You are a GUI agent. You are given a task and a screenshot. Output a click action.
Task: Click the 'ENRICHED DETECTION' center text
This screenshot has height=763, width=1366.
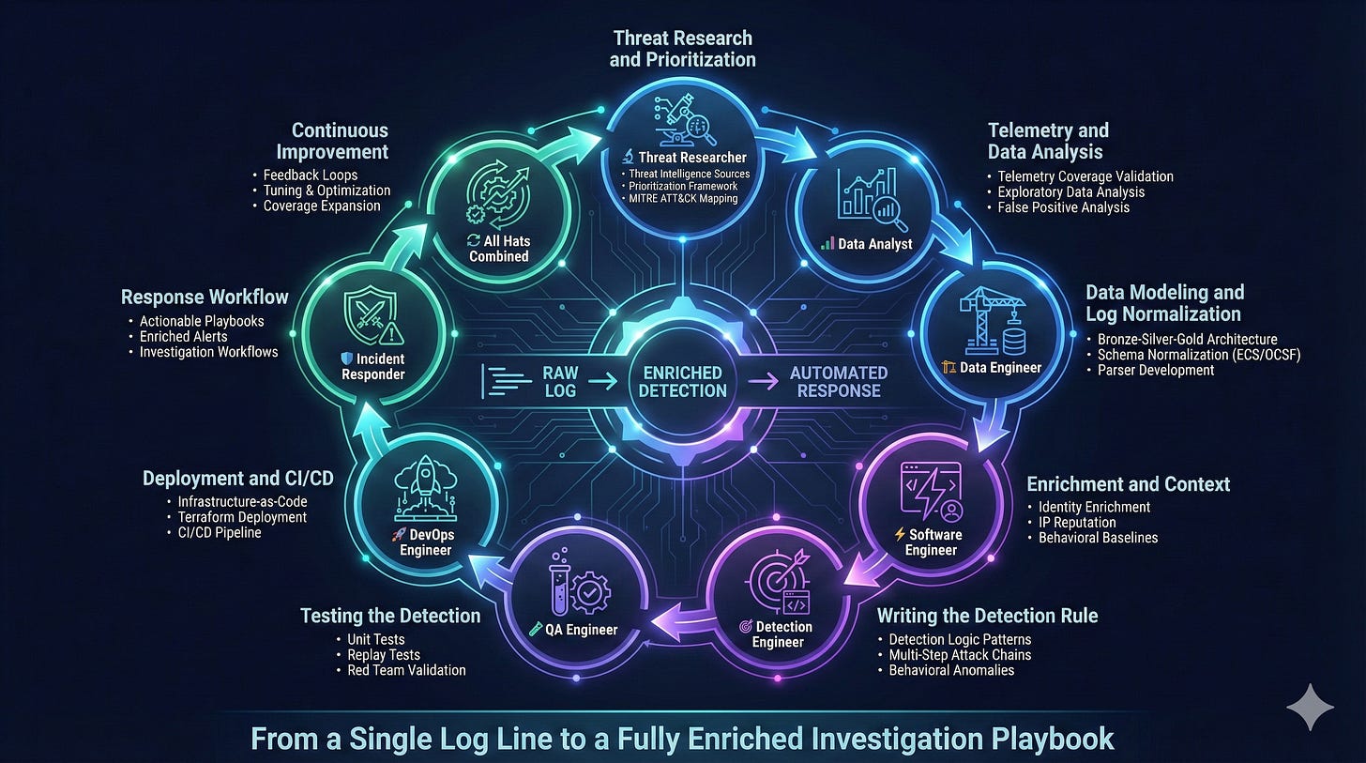(x=682, y=382)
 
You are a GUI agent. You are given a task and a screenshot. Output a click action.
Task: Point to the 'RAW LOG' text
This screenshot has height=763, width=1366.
(x=561, y=382)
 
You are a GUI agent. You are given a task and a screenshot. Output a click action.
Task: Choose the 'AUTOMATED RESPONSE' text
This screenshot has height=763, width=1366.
(x=838, y=382)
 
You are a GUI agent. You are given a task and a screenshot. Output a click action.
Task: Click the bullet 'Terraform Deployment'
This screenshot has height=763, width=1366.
(x=242, y=517)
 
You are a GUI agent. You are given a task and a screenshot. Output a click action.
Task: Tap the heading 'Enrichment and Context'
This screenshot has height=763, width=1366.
(x=1128, y=484)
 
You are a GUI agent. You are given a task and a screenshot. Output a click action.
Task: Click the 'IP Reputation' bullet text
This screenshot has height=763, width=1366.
(x=1077, y=523)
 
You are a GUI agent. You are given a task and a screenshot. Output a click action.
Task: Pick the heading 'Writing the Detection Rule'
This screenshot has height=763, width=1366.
(x=987, y=616)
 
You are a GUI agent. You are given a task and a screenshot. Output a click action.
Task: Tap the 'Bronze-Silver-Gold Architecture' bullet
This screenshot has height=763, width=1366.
(x=1187, y=339)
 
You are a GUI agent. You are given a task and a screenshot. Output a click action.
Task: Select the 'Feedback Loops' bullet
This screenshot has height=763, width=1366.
(x=311, y=175)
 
